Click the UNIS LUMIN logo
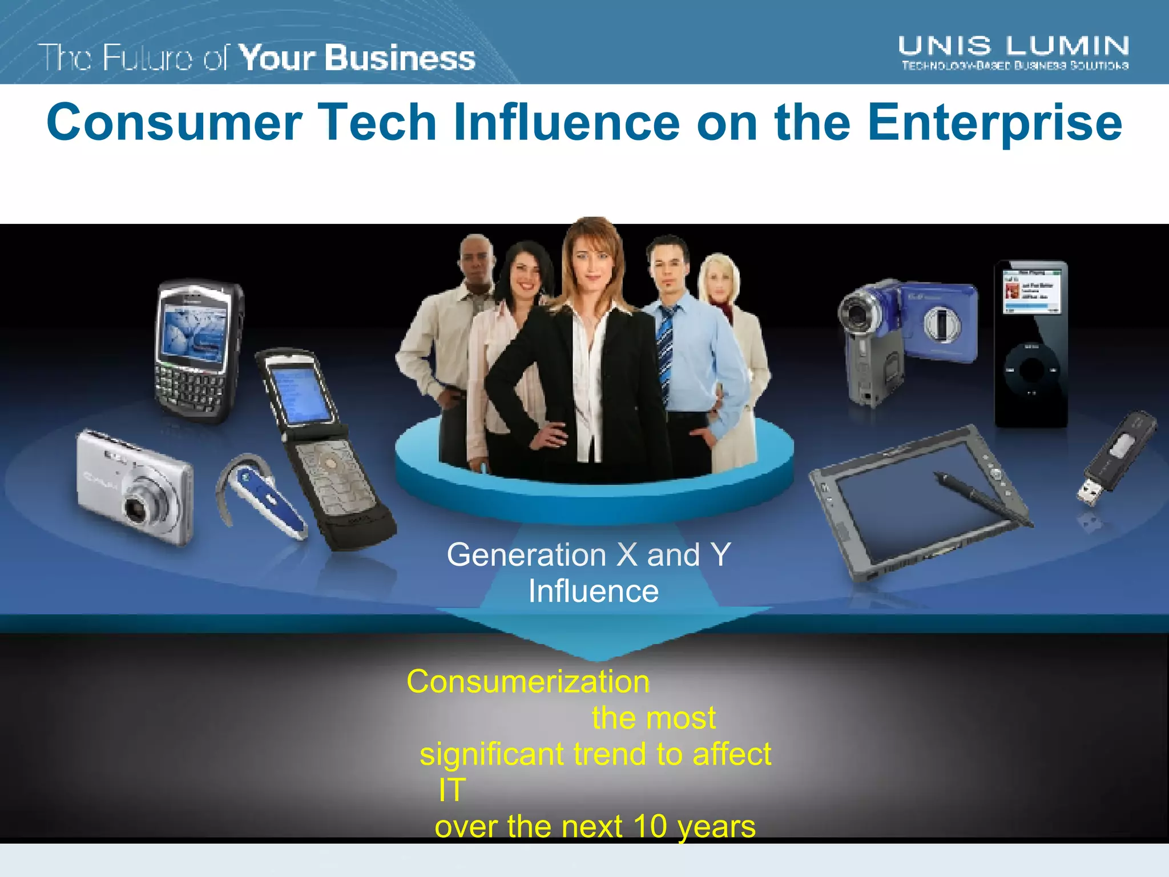(x=1014, y=53)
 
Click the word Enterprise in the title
(x=995, y=123)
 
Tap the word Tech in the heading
(x=377, y=122)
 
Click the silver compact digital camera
(x=136, y=485)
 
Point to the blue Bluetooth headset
(x=263, y=494)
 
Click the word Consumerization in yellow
(x=528, y=682)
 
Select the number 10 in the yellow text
(x=650, y=826)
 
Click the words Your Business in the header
(x=357, y=58)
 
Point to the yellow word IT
(x=452, y=790)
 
